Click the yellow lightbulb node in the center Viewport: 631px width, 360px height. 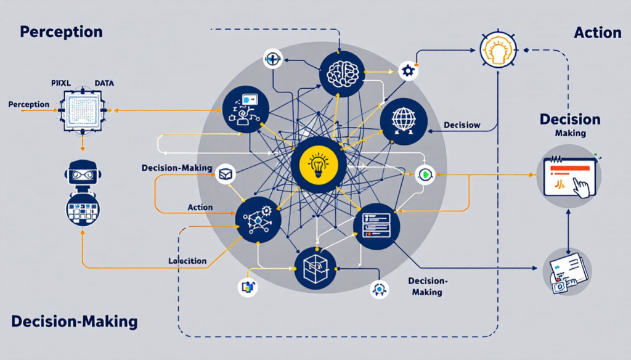319,165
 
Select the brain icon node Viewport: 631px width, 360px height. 342,73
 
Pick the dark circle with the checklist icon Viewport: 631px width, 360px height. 376,226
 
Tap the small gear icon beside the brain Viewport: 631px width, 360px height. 407,71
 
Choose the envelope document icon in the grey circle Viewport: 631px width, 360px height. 568,271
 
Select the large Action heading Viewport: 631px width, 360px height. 597,32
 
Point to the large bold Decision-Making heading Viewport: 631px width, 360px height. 74,321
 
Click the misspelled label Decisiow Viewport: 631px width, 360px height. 462,125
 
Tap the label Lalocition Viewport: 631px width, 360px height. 187,261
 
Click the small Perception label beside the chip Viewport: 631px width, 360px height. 29,104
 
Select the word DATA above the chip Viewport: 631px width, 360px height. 104,82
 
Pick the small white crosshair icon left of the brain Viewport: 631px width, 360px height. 272,60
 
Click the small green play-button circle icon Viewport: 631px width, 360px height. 425,175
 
